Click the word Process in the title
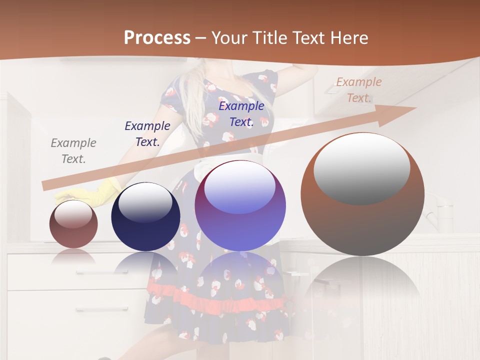coord(157,37)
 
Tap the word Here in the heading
coord(347,37)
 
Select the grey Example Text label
coord(73,151)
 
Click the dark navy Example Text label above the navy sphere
coord(147,134)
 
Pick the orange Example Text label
coord(358,90)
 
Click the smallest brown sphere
coord(73,224)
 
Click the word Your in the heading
coord(230,37)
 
